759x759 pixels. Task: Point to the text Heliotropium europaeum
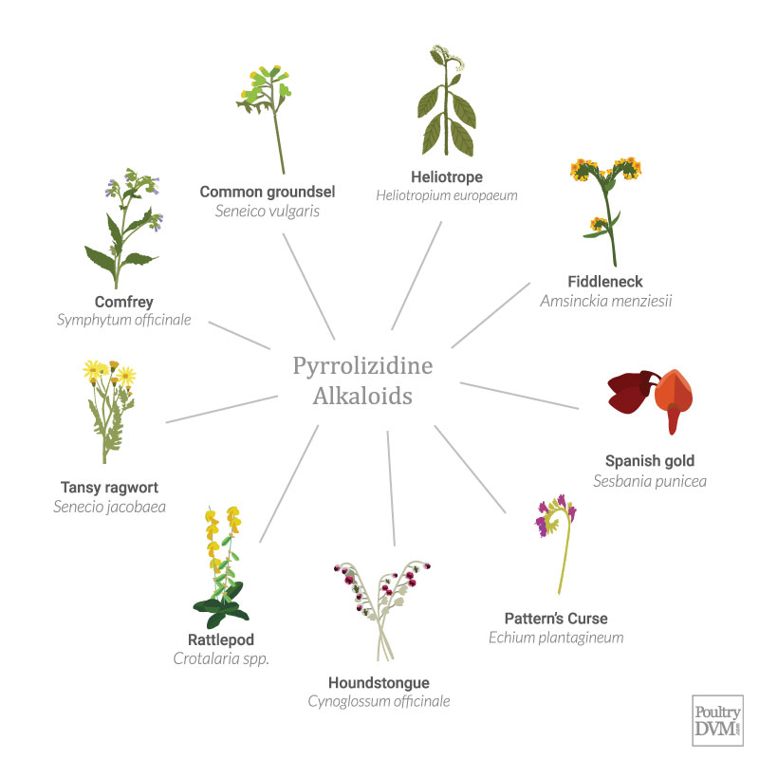(x=447, y=195)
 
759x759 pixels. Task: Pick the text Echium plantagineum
(x=556, y=637)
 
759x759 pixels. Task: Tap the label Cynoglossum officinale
(x=379, y=701)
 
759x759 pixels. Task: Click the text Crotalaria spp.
(x=221, y=657)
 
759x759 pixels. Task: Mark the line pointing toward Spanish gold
(x=519, y=395)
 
